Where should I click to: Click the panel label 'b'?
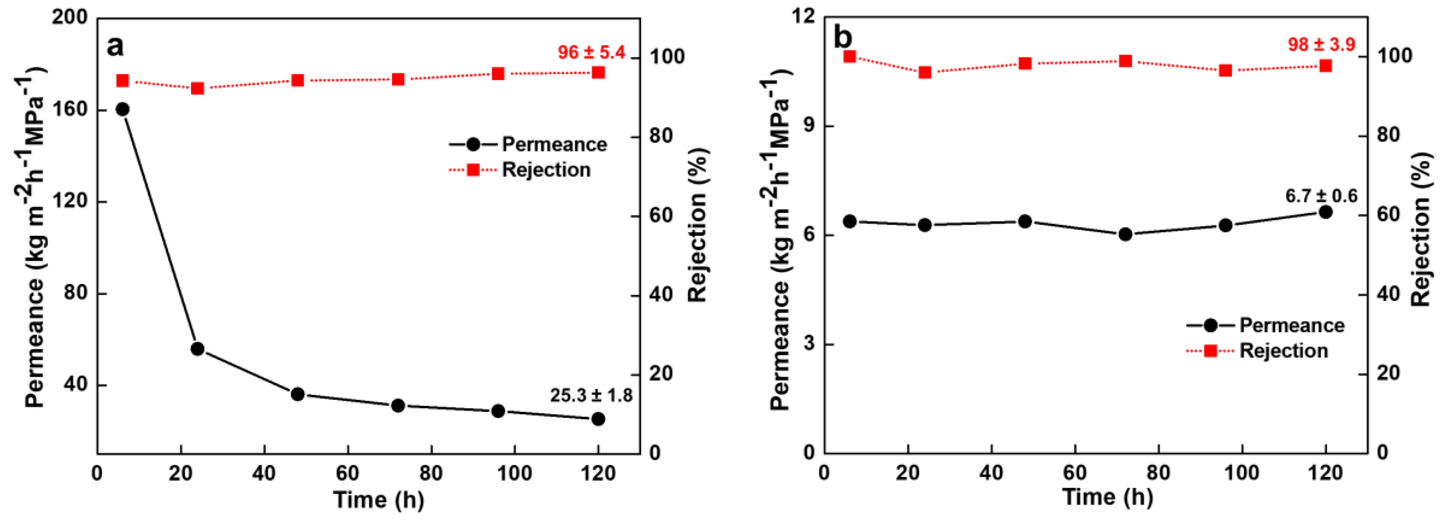pos(843,38)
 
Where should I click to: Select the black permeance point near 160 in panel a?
pos(122,109)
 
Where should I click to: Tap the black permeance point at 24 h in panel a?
pos(198,349)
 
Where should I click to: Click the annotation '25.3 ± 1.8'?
pos(591,395)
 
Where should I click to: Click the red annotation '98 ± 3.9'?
pos(1321,45)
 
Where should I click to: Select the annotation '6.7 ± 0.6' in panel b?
pos(1321,196)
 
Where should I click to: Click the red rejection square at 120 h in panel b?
pos(1326,66)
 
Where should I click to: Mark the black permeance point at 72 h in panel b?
pos(1125,234)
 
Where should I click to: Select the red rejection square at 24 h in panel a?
pos(198,88)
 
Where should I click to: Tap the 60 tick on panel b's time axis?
pos(1075,472)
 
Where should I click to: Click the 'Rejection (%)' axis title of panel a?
pos(697,225)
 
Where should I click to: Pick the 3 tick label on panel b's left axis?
pos(808,344)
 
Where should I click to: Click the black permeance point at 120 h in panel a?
pos(598,419)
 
